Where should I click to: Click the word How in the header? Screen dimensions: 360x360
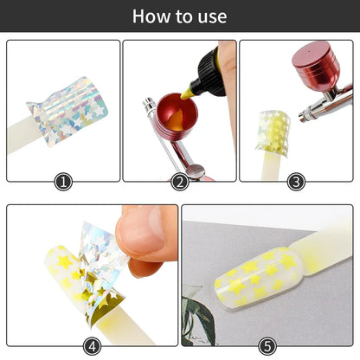(x=152, y=16)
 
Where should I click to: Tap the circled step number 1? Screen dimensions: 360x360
(x=63, y=182)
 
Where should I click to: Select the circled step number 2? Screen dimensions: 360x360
(x=180, y=182)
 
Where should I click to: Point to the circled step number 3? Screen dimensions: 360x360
(x=296, y=182)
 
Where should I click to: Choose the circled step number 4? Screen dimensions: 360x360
(x=93, y=345)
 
